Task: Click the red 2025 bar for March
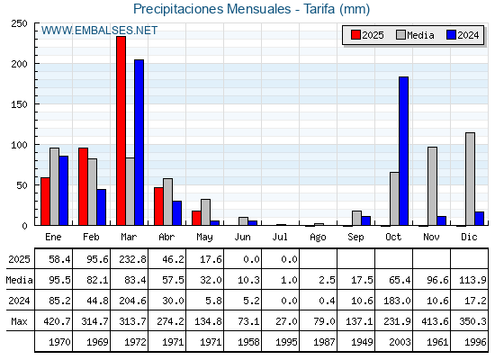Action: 121,130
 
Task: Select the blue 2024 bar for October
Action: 404,151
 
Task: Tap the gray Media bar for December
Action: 470,179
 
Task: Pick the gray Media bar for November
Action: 432,186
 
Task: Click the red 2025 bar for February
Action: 83,187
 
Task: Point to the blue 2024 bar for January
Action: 64,191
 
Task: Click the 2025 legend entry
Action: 367,35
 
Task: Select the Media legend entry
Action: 415,35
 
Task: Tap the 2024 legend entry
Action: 463,35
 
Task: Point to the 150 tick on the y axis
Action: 19,104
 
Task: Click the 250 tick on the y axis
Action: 19,23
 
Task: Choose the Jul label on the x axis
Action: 280,237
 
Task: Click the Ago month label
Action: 318,238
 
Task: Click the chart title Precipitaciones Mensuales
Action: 212,9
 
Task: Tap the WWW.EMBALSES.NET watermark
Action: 99,31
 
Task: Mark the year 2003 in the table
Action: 400,342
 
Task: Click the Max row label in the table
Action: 19,321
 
